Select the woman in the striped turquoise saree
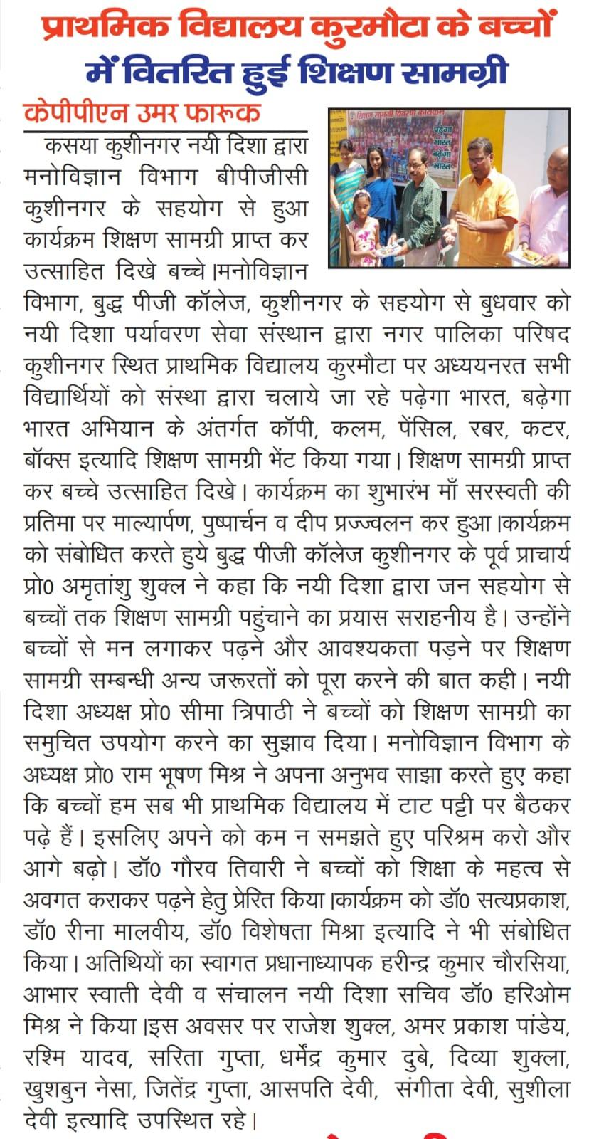pos(346,199)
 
